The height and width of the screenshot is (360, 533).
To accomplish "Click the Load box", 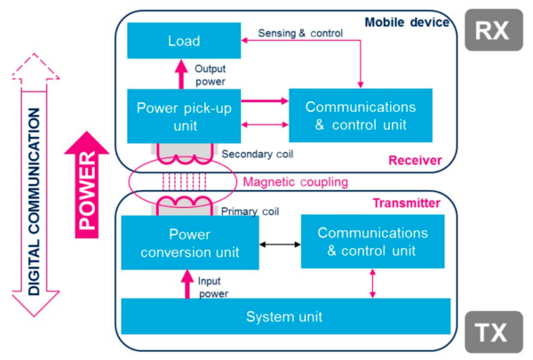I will tap(184, 41).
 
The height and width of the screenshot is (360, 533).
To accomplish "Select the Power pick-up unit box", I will tap(184, 116).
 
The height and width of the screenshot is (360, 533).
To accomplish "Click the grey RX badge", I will tap(492, 31).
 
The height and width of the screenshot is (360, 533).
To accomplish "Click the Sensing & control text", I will tap(301, 34).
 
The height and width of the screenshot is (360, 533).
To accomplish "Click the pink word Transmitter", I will tap(405, 204).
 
